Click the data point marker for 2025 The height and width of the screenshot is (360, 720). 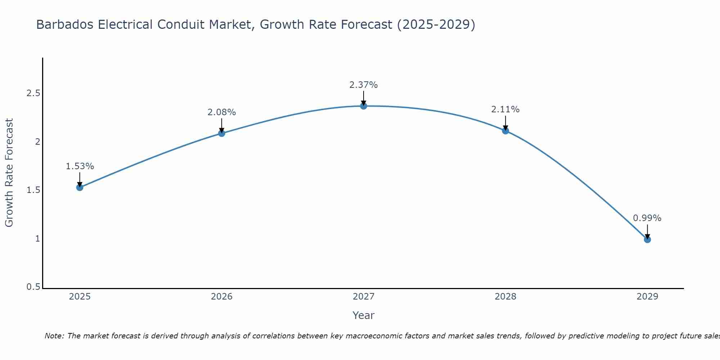[x=80, y=187]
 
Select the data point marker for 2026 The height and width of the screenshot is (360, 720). [x=221, y=133]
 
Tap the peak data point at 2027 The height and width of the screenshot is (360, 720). [x=363, y=106]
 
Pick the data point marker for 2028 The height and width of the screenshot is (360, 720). [x=505, y=131]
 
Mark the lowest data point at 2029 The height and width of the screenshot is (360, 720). [x=647, y=239]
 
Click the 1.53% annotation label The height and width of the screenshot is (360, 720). [x=80, y=166]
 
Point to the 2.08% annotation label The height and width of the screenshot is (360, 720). [x=221, y=112]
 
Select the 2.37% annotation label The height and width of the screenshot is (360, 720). [x=363, y=85]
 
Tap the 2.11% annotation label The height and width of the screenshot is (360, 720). [x=505, y=109]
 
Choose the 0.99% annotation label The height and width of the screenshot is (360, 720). [x=647, y=218]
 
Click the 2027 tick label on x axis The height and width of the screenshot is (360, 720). [x=363, y=297]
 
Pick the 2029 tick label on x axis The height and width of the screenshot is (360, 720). [x=647, y=297]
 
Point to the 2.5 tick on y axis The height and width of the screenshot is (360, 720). [x=33, y=94]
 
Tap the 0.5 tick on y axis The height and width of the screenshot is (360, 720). [x=33, y=287]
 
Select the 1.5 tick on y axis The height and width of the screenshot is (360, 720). [x=33, y=190]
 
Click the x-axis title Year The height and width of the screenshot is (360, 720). [x=363, y=315]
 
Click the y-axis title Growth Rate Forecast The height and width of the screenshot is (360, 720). [x=9, y=173]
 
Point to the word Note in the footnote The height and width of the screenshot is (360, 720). [x=54, y=336]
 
